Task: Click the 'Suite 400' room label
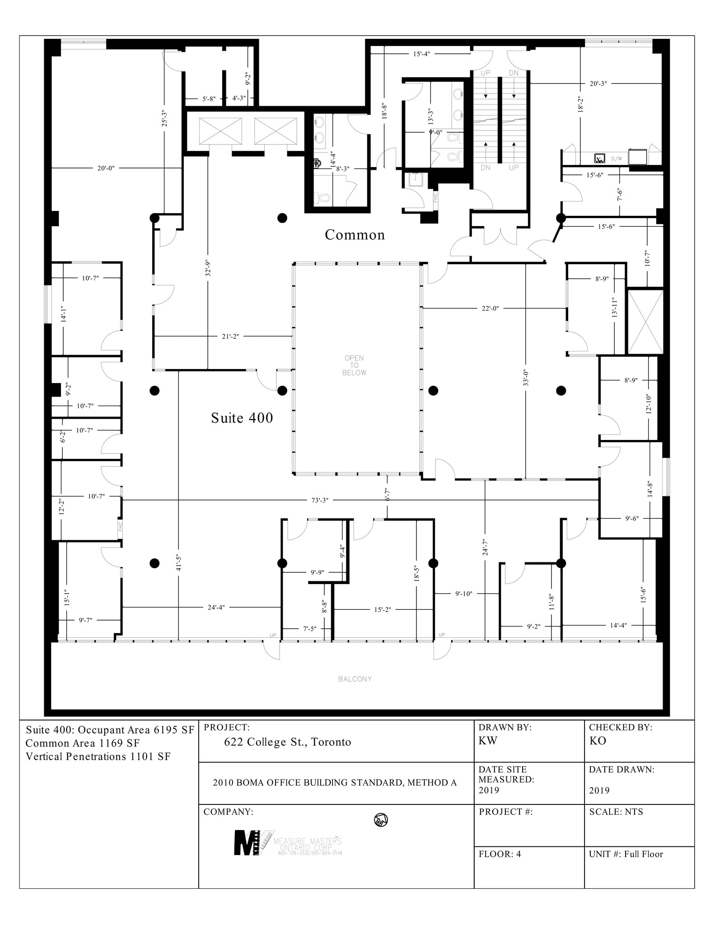click(x=242, y=418)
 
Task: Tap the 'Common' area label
click(x=355, y=235)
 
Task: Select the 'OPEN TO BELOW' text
click(x=354, y=365)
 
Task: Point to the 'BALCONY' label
click(x=355, y=679)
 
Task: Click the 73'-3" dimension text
click(x=320, y=500)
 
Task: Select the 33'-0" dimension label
click(x=525, y=378)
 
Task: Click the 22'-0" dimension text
click(x=490, y=308)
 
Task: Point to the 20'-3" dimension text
click(x=598, y=84)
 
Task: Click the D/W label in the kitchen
click(x=616, y=159)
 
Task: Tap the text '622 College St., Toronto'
click(x=287, y=742)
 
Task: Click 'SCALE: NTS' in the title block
click(x=616, y=812)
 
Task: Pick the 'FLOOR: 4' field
click(x=500, y=854)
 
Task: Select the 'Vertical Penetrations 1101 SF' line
click(x=98, y=757)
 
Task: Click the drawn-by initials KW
click(x=487, y=741)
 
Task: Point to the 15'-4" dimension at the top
click(x=421, y=54)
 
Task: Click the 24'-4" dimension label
click(x=216, y=607)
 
